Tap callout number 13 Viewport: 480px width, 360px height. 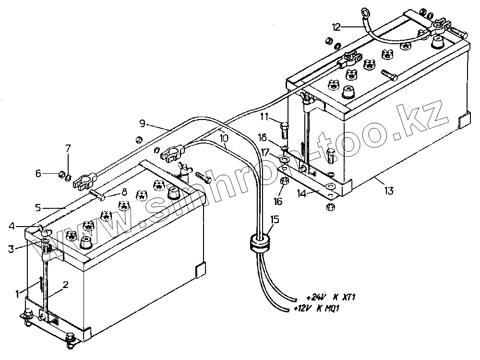click(389, 191)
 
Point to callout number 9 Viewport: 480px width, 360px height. click(142, 123)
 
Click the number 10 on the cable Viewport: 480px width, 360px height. click(224, 138)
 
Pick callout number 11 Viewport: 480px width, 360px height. click(264, 117)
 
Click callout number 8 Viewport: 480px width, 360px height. click(124, 192)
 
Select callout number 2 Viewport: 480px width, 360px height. click(66, 284)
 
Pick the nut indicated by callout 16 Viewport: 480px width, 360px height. click(284, 181)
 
